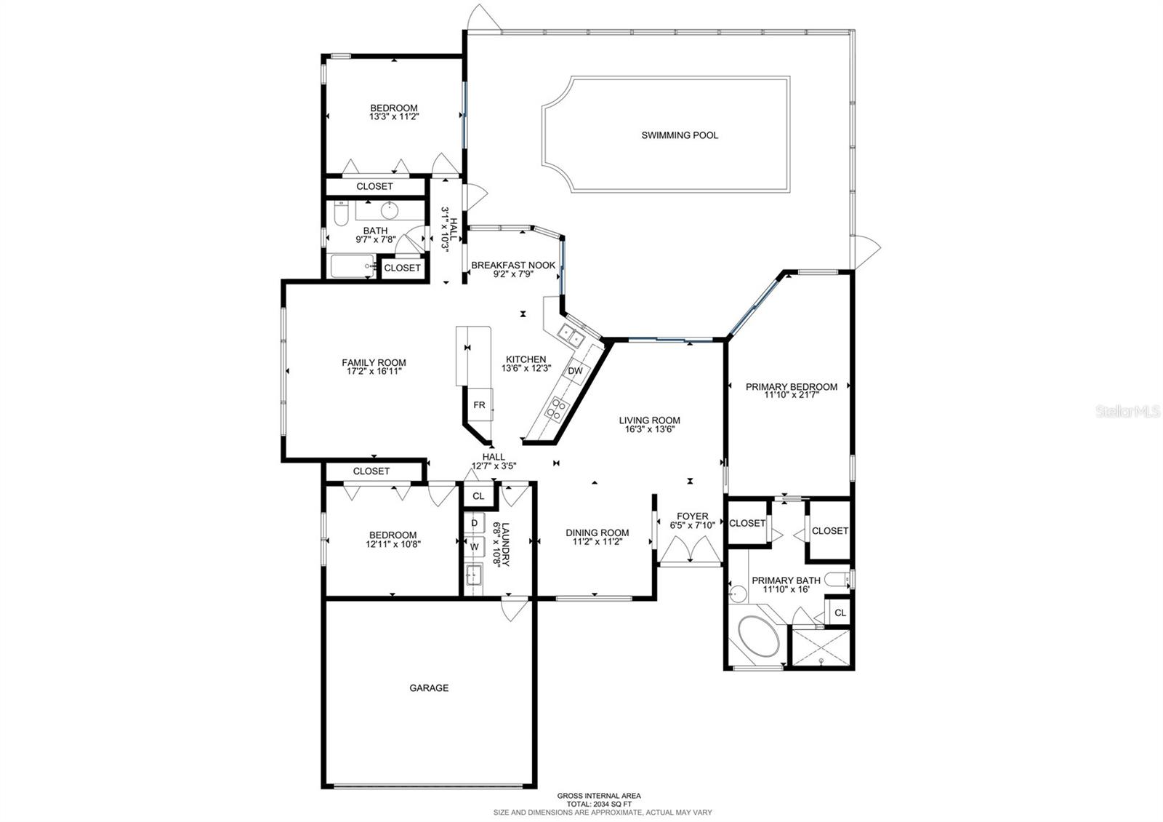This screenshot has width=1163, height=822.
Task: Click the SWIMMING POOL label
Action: pyautogui.click(x=680, y=135)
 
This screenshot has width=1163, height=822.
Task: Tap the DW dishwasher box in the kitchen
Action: pyautogui.click(x=575, y=371)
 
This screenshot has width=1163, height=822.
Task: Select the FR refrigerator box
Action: pyautogui.click(x=479, y=405)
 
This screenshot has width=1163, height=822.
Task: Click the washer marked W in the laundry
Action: pyautogui.click(x=475, y=546)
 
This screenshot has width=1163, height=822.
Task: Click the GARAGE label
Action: pyautogui.click(x=429, y=687)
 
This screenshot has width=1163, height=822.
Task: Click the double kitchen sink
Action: pyautogui.click(x=571, y=336)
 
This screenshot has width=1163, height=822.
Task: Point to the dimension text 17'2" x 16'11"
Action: pyautogui.click(x=374, y=371)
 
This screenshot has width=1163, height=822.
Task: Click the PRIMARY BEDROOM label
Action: pyautogui.click(x=791, y=387)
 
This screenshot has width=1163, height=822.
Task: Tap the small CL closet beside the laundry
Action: pyautogui.click(x=478, y=496)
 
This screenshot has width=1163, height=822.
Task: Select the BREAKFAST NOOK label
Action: pyautogui.click(x=513, y=266)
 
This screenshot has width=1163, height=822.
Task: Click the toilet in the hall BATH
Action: pyautogui.click(x=340, y=213)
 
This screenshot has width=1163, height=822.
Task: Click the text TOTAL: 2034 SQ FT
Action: pyautogui.click(x=599, y=804)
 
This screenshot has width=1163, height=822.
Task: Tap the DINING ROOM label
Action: pyautogui.click(x=597, y=532)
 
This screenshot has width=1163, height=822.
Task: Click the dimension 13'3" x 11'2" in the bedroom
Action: pyautogui.click(x=394, y=116)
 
